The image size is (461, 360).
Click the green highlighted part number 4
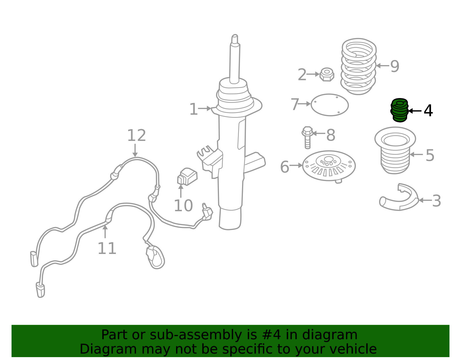pyautogui.click(x=399, y=110)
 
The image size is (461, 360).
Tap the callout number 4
pyautogui.click(x=428, y=110)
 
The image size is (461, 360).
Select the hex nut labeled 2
pyautogui.click(x=327, y=74)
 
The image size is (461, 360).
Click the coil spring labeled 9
pyautogui.click(x=358, y=66)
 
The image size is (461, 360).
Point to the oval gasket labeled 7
pyautogui.click(x=329, y=105)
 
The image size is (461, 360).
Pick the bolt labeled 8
pyautogui.click(x=307, y=137)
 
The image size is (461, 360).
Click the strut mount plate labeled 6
pyautogui.click(x=329, y=166)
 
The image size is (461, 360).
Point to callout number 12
pyautogui.click(x=136, y=135)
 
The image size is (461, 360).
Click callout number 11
pyautogui.click(x=107, y=248)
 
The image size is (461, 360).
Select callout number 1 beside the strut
pyautogui.click(x=194, y=109)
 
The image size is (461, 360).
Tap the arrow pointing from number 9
pyautogui.click(x=383, y=66)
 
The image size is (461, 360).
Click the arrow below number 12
pyautogui.click(x=135, y=151)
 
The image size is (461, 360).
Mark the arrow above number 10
pyautogui.click(x=181, y=191)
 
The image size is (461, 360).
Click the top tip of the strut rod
pyautogui.click(x=235, y=35)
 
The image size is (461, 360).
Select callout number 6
pyautogui.click(x=285, y=167)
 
